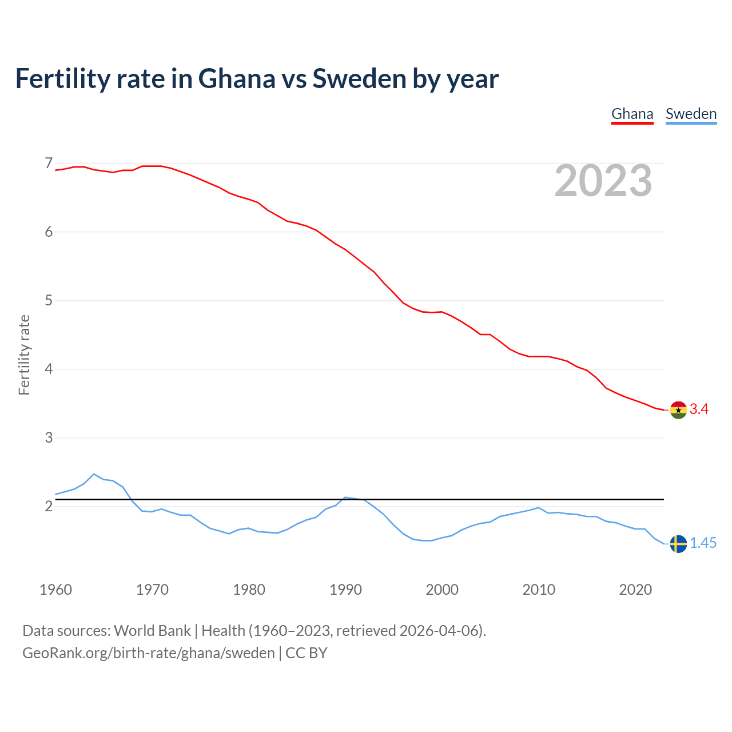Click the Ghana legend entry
tap(632, 114)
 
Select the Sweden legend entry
tap(691, 114)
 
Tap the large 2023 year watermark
tap(603, 181)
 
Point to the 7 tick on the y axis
tap(49, 164)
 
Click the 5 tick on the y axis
tap(49, 300)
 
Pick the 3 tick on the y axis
tap(49, 437)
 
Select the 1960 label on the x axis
tap(55, 590)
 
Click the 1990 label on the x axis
tap(345, 590)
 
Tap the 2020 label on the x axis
tap(635, 590)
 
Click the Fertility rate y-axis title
tap(24, 355)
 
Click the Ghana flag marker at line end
tap(678, 409)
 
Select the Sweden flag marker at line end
tap(678, 544)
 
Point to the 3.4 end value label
tap(699, 409)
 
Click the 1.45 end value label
tap(703, 543)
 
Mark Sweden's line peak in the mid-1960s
tap(94, 474)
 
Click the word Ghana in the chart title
tap(237, 79)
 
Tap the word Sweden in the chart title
tap(359, 79)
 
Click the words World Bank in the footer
tap(152, 631)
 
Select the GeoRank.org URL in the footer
tap(149, 653)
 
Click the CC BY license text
tap(306, 653)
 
